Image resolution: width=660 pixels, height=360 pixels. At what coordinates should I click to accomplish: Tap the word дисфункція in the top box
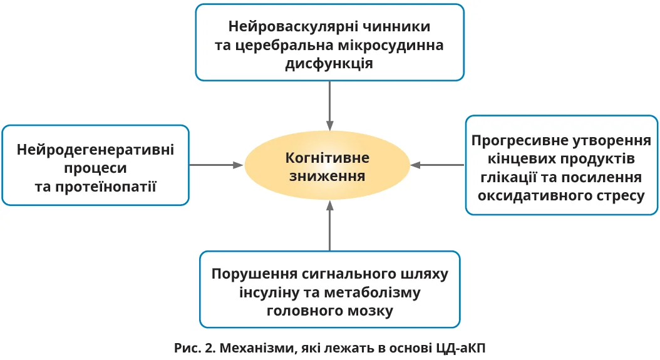coord(330,64)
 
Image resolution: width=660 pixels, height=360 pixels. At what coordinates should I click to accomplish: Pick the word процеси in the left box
coord(96,168)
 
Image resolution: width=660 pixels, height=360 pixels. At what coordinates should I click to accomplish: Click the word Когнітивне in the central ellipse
coord(327,157)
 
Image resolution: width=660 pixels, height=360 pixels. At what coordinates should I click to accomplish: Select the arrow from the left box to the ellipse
coord(216,165)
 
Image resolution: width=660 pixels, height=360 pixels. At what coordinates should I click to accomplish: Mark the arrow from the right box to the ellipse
coord(438,165)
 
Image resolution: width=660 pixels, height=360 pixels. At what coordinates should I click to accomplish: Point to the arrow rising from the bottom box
coord(329,225)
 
